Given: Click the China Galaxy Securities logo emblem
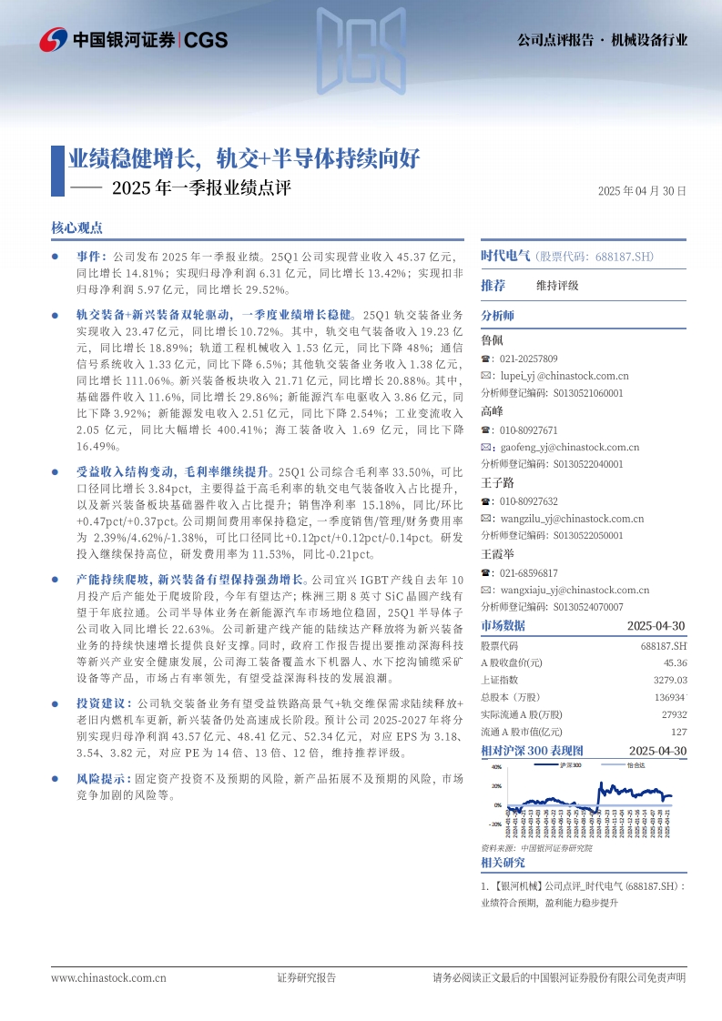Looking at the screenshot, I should click(53, 39).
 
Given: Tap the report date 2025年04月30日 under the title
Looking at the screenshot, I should click(642, 191).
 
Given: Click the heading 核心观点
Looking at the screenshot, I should click(77, 227).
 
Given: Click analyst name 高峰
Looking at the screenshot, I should click(492, 411).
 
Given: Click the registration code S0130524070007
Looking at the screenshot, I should click(589, 607).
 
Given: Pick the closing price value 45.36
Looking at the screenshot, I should click(675, 662).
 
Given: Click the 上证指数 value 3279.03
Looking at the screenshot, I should click(669, 680).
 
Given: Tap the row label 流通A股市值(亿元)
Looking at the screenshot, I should click(522, 732).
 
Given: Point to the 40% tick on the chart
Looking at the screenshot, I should click(496, 768).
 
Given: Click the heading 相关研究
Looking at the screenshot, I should click(503, 863).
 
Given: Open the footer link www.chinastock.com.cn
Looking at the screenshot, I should click(108, 978).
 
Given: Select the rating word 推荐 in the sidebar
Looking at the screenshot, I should click(493, 286).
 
